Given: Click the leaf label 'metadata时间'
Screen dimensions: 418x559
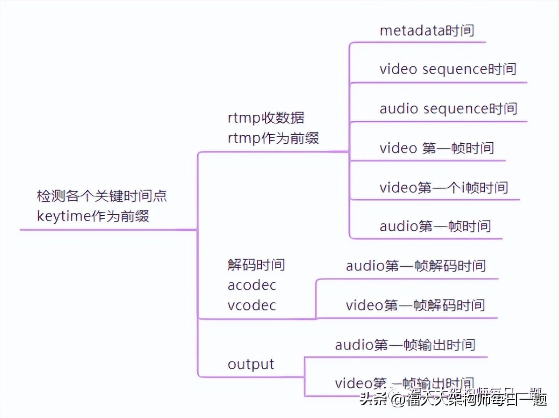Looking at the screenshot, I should (427, 30).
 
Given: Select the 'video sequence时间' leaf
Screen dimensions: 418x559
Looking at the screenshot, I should (448, 69).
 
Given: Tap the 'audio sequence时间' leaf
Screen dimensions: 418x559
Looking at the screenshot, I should (448, 109).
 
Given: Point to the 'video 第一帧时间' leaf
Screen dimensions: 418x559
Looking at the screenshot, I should (437, 148).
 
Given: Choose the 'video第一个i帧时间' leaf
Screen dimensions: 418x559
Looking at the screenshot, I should (443, 187).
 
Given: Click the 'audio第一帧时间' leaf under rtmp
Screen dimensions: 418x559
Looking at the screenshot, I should (435, 226).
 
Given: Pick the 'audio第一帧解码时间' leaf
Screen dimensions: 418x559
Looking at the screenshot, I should (415, 266).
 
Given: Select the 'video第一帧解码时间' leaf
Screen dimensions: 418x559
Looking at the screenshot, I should (415, 305).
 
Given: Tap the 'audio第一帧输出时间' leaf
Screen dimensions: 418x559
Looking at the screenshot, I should (405, 345).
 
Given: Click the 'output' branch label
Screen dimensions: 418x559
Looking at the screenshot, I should (251, 364).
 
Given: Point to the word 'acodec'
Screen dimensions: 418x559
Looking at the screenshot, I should (252, 285).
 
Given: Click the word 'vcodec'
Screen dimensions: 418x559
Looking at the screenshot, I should (252, 305).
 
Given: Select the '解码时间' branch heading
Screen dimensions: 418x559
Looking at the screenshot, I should (256, 265).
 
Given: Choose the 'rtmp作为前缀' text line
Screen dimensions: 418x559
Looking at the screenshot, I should (273, 138).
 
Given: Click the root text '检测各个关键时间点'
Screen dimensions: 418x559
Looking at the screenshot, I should (102, 196).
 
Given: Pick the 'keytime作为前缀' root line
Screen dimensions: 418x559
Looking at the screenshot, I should (93, 216).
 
